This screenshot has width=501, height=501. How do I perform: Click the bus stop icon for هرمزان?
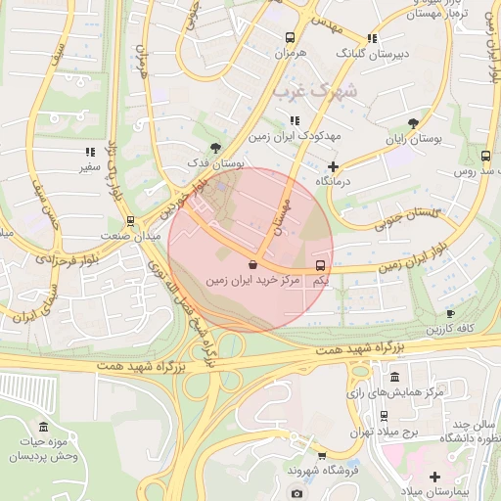pyautogui.click(x=289, y=37)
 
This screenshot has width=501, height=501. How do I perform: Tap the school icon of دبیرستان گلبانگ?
pyautogui.click(x=372, y=38)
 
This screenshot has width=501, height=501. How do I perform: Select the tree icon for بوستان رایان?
pyautogui.click(x=413, y=123)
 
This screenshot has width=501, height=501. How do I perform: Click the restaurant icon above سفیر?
pyautogui.click(x=90, y=153)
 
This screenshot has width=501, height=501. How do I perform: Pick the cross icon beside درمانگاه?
pyautogui.click(x=333, y=166)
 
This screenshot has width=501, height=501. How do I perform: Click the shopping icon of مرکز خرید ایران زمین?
pyautogui.click(x=252, y=264)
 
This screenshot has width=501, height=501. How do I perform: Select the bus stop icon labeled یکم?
pyautogui.click(x=321, y=265)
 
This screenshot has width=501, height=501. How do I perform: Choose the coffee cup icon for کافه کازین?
pyautogui.click(x=450, y=313)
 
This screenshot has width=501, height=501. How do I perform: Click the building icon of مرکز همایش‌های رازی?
pyautogui.click(x=394, y=377)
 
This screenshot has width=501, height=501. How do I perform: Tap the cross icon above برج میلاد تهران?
pyautogui.click(x=360, y=415)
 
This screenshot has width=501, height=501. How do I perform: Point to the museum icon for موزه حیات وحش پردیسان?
pyautogui.click(x=42, y=427)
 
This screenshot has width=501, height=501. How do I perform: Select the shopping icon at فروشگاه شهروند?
pyautogui.click(x=321, y=455)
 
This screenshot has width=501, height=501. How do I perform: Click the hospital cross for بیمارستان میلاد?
pyautogui.click(x=434, y=477)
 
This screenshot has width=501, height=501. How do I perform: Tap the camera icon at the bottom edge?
pyautogui.click(x=296, y=494)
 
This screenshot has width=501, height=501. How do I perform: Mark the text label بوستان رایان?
pyautogui.click(x=413, y=139)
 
